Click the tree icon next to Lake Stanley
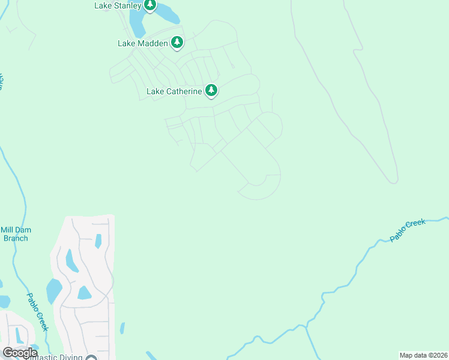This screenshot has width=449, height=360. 150,6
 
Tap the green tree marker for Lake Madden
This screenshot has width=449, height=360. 176,43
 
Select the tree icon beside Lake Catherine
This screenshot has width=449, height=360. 211,91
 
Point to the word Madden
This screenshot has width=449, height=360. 152,43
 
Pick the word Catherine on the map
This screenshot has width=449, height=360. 182,92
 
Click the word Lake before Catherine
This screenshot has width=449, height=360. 155,92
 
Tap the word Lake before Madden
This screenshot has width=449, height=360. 127,43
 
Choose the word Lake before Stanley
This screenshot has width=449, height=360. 103,6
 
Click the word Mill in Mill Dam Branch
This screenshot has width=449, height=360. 7,230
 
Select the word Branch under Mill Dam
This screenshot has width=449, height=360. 15,238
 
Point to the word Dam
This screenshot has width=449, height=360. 23,230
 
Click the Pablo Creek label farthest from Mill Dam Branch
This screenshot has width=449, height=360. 408,230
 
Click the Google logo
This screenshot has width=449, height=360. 20,353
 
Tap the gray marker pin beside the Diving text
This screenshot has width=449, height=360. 91,358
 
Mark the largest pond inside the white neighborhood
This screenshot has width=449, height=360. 54,291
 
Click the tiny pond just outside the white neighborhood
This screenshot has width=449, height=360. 122,328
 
